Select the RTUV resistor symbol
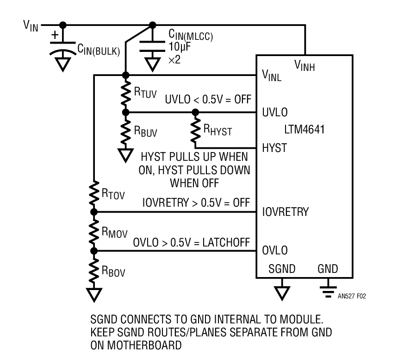pyautogui.click(x=125, y=94)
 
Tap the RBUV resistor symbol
pyautogui.click(x=125, y=132)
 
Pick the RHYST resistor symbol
pyautogui.click(x=195, y=130)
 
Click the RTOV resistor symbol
pyautogui.click(x=94, y=195)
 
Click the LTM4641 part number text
pyautogui.click(x=305, y=130)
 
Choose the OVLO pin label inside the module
pyautogui.click(x=275, y=251)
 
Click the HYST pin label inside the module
pyautogui.click(x=274, y=148)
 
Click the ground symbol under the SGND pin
pyautogui.click(x=281, y=292)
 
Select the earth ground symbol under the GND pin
pyautogui.click(x=328, y=288)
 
